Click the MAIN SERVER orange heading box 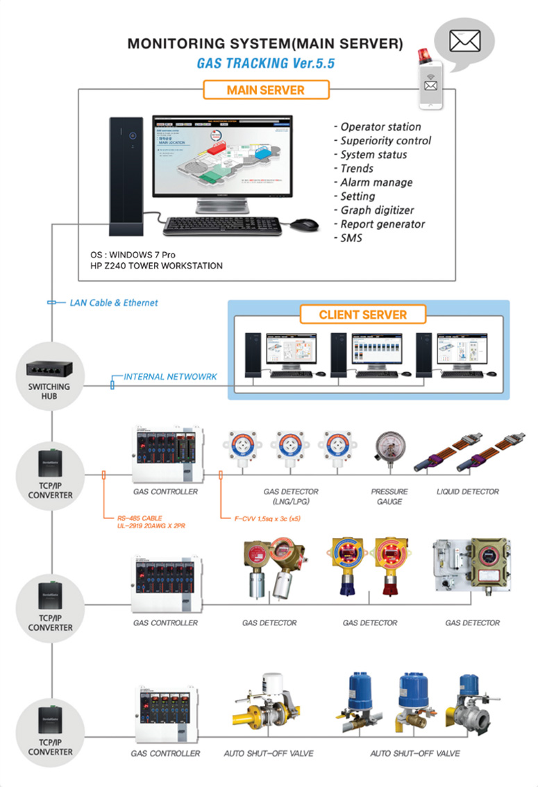265,90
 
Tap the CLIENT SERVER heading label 362,314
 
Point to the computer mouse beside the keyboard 303,225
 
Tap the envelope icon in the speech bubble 464,42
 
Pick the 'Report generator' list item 383,224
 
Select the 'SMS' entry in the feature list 351,238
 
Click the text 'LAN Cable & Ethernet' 114,303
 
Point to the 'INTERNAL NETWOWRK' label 170,377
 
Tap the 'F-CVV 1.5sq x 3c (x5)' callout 264,518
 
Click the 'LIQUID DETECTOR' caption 467,491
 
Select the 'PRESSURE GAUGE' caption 389,496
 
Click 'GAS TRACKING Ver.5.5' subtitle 265,63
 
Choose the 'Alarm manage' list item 376,183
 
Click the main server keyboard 224,226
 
